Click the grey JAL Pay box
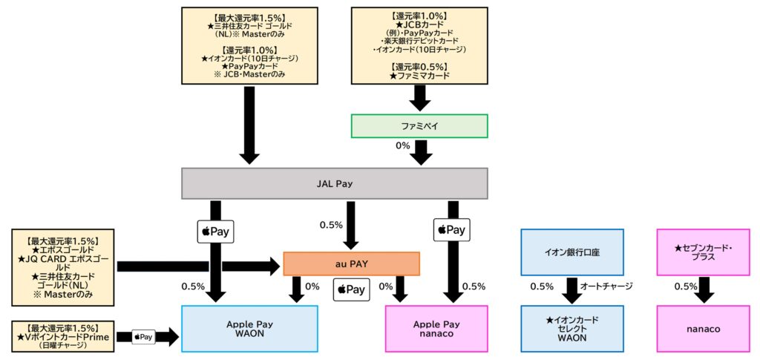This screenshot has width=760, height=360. coord(334,183)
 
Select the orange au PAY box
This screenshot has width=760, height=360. coord(351,264)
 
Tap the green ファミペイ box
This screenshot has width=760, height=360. coord(419,126)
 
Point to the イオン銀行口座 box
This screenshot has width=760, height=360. coord(571,252)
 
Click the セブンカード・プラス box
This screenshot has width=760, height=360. coord(703,252)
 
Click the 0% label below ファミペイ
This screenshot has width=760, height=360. coord(402,145)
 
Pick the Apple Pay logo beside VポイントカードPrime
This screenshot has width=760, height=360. coord(143,337)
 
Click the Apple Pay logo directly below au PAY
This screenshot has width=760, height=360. coord(350,289)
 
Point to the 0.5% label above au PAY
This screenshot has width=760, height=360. coord(330,225)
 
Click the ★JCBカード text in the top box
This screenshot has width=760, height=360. coord(418,24)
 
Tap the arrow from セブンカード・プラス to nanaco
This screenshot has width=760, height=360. coord(703,290)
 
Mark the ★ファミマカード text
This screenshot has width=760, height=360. coord(418,76)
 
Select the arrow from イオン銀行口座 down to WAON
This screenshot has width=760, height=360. coord(571,290)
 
